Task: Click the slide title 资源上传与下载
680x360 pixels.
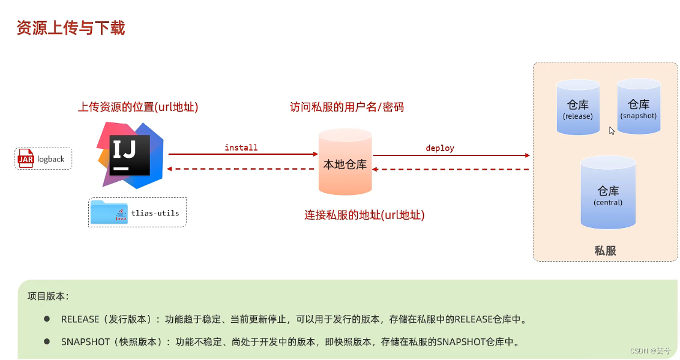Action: pos(71,28)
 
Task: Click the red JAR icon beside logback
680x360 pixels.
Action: pos(26,158)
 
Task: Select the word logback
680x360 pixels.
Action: pos(51,159)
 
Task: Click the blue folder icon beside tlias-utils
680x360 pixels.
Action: pos(109,212)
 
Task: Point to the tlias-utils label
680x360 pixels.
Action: pos(155,212)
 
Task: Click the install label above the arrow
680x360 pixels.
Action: pos(241,148)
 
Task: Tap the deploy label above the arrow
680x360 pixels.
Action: pos(440,148)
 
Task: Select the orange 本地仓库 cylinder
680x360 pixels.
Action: pos(345,163)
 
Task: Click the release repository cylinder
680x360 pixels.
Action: pos(577,108)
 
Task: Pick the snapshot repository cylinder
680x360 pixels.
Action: pos(639,107)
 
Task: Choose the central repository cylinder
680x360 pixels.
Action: pos(608,193)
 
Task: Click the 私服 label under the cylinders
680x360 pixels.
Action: pos(605,251)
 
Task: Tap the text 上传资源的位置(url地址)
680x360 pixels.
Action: pos(138,107)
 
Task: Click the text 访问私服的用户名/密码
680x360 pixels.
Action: pos(347,107)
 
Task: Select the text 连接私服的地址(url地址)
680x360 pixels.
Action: pos(364,215)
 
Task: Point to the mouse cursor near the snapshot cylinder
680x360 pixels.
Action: pos(612,130)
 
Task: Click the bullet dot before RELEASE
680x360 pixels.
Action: pos(47,319)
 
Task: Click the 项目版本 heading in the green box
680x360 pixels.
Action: pos(48,296)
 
